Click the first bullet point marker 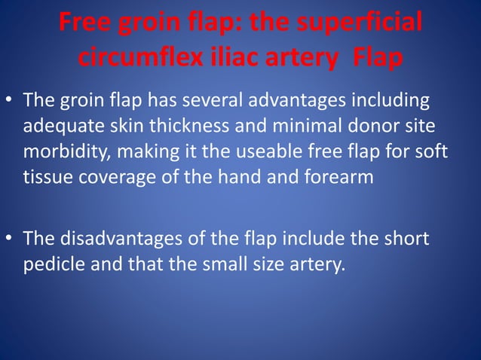[x=10, y=100]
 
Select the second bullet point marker [x=10, y=239]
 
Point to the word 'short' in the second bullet [x=407, y=239]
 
